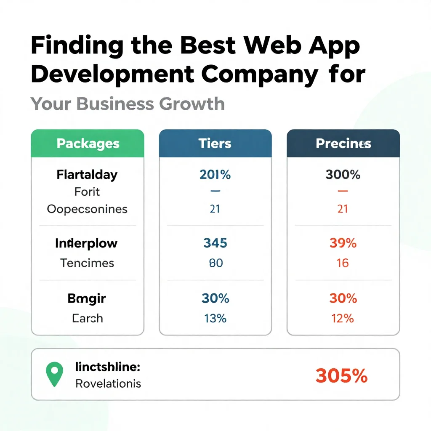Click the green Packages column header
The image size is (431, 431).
pos(88,144)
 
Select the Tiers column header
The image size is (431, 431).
pos(215,144)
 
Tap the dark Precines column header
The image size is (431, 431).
pos(343,144)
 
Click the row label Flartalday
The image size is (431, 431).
pos(87,175)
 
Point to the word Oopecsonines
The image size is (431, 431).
pos(87,209)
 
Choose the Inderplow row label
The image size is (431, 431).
pos(86,243)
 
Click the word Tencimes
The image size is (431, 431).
pos(87,263)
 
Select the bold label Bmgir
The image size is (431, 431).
pos(87,298)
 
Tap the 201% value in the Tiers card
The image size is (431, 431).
pos(215,175)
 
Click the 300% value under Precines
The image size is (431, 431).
pos(343,175)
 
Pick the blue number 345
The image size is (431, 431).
pos(215,243)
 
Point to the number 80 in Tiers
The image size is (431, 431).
pos(215,263)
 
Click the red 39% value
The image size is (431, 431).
pos(343,243)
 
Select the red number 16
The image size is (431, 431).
pos(343,263)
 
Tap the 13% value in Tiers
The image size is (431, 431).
pos(215,318)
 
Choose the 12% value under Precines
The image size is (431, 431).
pos(343,318)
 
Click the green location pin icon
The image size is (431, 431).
pos(54,374)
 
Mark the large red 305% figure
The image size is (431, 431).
pos(341,375)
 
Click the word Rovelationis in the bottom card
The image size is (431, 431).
pos(108,384)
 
